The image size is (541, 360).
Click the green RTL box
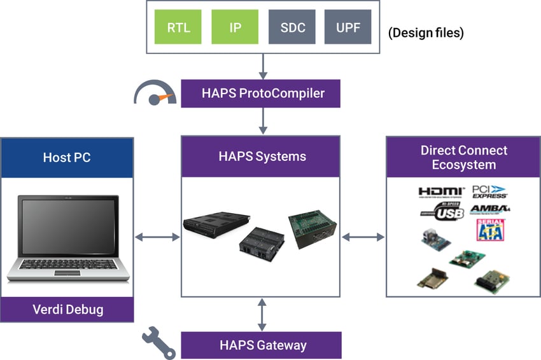179,27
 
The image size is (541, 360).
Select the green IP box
235,27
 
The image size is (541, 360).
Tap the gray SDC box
292,27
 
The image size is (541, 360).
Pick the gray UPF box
348,27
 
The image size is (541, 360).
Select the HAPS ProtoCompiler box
261,93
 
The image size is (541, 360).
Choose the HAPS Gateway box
261,345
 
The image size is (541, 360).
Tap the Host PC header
67,157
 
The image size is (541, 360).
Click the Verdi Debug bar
67,310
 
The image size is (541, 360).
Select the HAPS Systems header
261,157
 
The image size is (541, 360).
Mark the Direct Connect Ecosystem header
464,157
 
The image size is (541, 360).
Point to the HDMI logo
442,191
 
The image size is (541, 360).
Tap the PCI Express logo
489,191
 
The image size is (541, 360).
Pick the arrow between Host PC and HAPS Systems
158,237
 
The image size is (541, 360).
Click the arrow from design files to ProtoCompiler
261,66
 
